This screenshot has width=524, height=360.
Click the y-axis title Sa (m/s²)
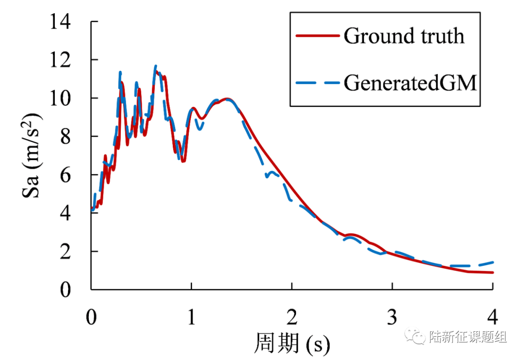(32, 156)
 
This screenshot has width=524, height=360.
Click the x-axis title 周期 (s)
(292, 343)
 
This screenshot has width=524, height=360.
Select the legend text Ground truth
(404, 36)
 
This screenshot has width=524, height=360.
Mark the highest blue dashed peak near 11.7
(156, 66)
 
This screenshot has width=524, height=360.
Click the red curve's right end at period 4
(492, 273)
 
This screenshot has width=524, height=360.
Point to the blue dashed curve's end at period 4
(492, 262)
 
